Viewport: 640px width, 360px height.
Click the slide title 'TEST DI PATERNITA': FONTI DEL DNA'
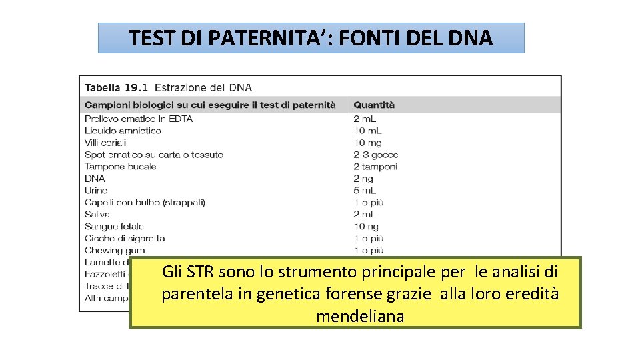[x=311, y=38]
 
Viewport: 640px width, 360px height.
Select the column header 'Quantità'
[x=374, y=105]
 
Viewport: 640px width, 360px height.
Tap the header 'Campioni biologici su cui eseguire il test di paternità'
[x=210, y=105]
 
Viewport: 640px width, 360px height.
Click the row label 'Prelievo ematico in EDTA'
[x=139, y=119]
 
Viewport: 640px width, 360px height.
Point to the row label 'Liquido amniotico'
[x=123, y=131]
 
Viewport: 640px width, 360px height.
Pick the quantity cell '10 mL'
[x=368, y=131]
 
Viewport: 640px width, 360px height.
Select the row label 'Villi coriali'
[x=105, y=143]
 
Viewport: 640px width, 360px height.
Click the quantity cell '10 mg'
[x=368, y=143]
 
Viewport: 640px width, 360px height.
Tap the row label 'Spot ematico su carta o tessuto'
[x=154, y=155]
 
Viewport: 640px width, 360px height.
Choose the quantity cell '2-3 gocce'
[x=376, y=155]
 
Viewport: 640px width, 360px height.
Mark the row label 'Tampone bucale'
[x=121, y=167]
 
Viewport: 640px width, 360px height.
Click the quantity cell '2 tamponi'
[x=375, y=167]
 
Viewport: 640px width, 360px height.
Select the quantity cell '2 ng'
[x=363, y=179]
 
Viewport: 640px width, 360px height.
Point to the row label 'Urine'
[x=95, y=191]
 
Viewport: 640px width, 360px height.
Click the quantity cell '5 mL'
[x=365, y=191]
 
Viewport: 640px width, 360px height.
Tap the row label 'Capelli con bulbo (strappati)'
[x=145, y=203]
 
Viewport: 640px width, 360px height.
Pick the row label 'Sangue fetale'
[x=114, y=227]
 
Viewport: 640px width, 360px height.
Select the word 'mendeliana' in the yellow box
[x=360, y=316]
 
